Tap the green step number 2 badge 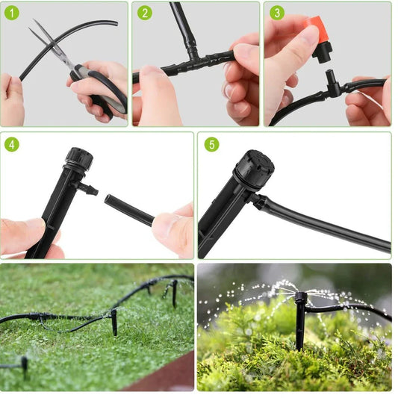[x=145, y=13]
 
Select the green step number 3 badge [x=277, y=13]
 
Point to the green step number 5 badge [x=211, y=144]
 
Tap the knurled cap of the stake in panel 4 [x=78, y=159]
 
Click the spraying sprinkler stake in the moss [x=299, y=321]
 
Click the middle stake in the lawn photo [x=114, y=322]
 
